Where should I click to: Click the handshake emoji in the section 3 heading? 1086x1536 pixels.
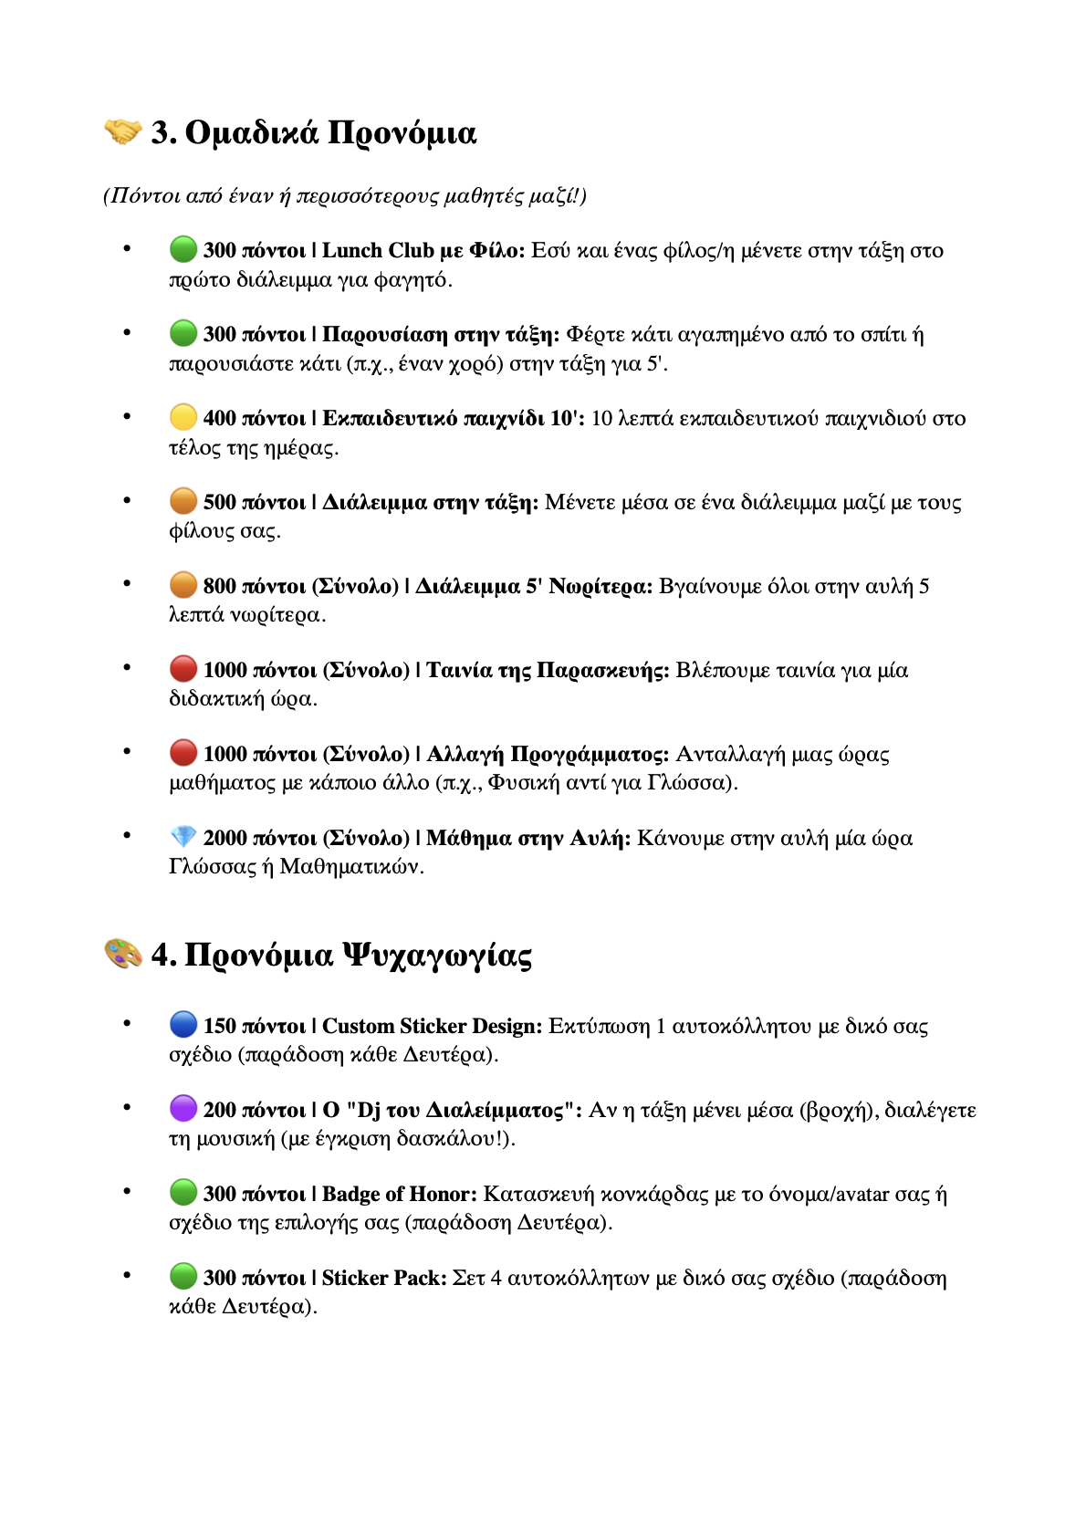(x=122, y=132)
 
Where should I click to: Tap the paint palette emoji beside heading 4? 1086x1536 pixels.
(x=122, y=955)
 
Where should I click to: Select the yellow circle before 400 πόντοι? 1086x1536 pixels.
(x=183, y=417)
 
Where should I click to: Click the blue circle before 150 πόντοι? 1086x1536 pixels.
(x=183, y=1025)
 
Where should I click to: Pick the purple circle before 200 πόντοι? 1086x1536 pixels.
(x=183, y=1109)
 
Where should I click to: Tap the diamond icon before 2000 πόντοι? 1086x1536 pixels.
(x=183, y=837)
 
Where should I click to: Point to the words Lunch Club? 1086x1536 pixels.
(x=378, y=250)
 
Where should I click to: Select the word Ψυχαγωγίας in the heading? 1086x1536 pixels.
(x=437, y=956)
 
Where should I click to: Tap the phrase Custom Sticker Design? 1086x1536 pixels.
(x=432, y=1026)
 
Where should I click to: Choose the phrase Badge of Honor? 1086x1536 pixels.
(x=399, y=1194)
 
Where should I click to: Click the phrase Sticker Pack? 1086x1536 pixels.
(x=383, y=1278)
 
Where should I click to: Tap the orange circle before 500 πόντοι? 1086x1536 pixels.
(x=183, y=501)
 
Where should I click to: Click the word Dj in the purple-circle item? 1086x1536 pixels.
(x=369, y=1110)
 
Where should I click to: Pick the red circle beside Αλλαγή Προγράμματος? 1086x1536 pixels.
(x=183, y=753)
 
